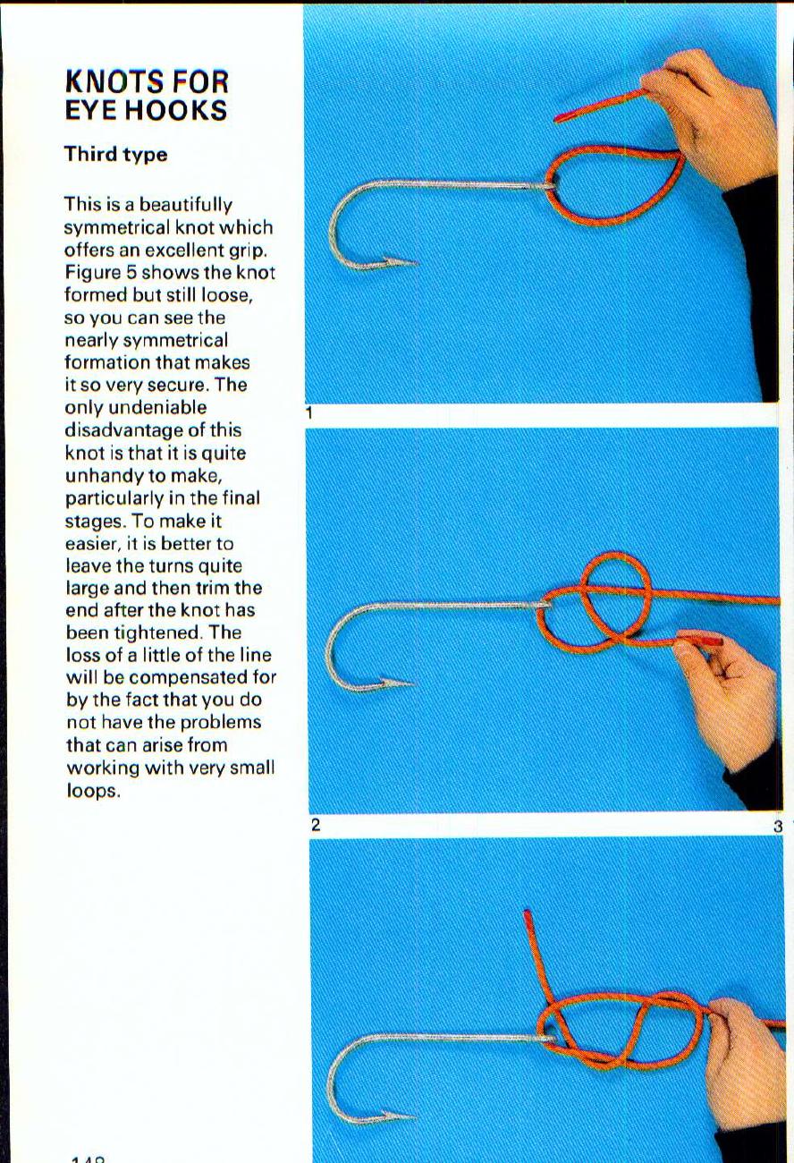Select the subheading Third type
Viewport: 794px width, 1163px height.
point(115,154)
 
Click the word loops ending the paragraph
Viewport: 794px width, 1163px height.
point(92,791)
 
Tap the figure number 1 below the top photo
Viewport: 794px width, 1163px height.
point(308,413)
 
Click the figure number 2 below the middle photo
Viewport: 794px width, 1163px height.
point(315,825)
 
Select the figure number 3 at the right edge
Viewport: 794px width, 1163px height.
point(778,827)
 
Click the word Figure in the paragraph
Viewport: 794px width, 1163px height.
point(91,272)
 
